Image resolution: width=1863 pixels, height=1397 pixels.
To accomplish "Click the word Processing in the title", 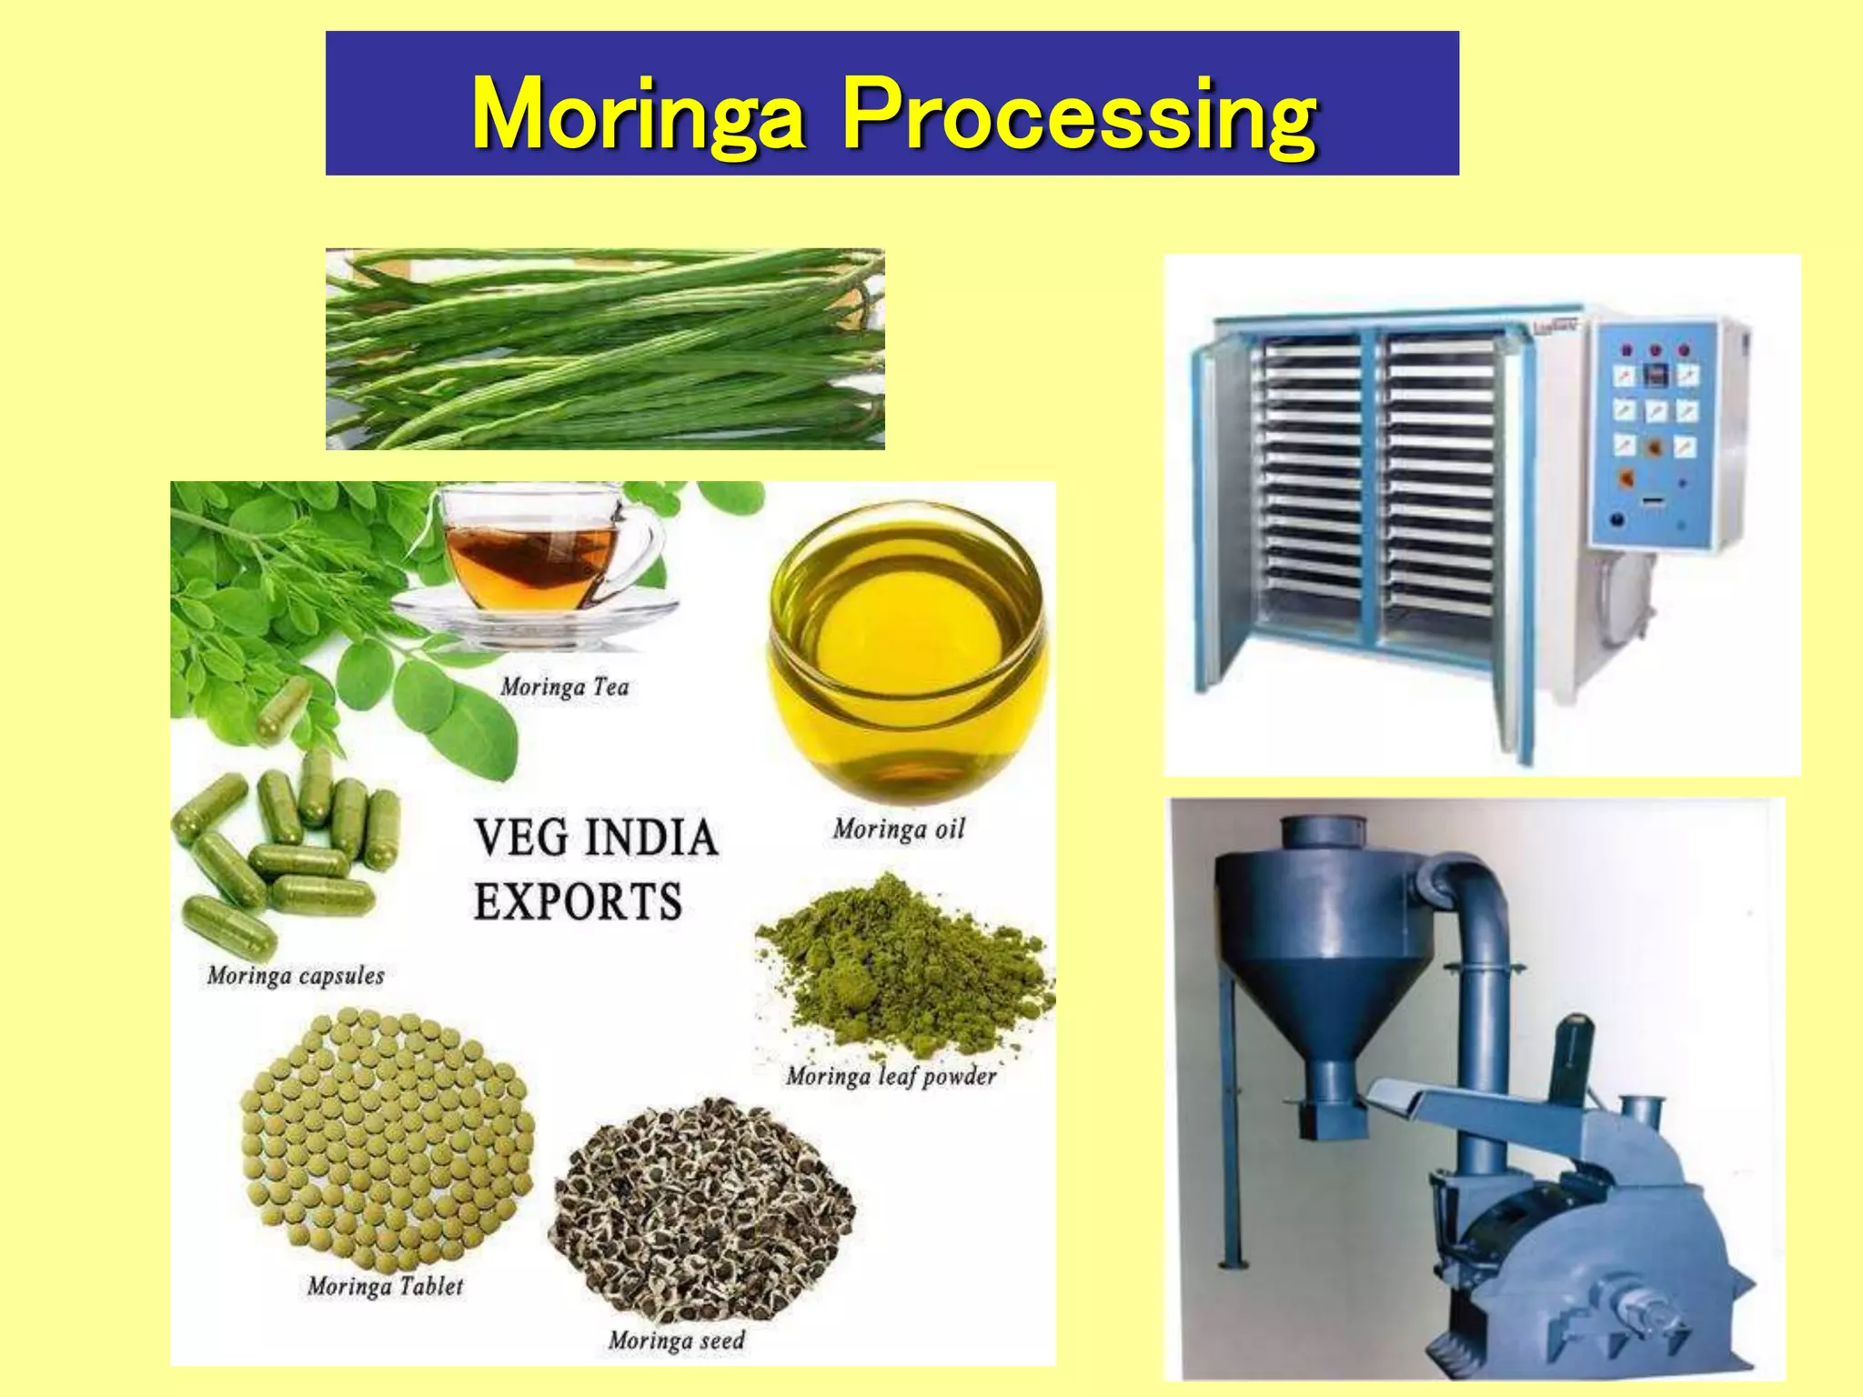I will point(1079,115).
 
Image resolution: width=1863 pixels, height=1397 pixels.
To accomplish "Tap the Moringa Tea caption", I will point(565,687).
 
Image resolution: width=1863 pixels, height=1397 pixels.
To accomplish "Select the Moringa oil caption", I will point(899,829).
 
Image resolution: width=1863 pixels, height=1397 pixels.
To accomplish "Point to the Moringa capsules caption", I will point(296,976).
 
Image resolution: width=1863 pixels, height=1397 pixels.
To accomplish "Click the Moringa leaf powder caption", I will point(891,1077).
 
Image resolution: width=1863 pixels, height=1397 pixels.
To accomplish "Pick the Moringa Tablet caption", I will point(385,1286).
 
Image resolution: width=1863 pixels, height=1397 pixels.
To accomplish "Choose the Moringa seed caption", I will point(677,1341).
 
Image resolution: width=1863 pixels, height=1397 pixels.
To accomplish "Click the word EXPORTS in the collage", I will point(578,902).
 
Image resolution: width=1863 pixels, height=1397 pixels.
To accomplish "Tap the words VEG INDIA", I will point(596,838).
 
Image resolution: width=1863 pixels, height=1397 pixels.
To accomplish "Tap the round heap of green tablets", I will point(387,1137).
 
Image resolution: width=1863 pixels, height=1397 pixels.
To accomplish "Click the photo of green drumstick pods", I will point(605,349).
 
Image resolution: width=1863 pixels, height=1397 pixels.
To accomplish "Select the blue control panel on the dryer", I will point(1656,432).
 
